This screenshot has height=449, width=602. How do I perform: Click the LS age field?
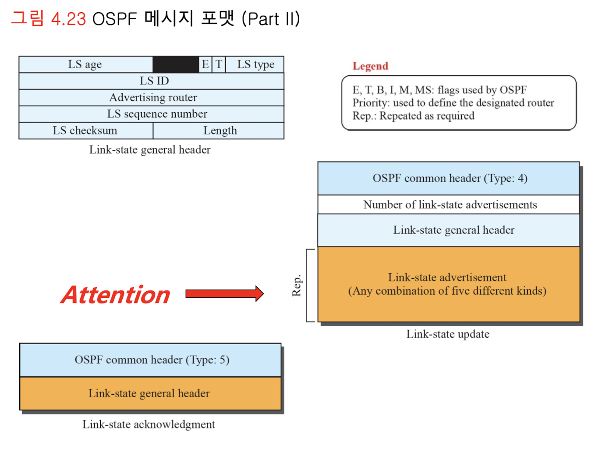click(x=85, y=64)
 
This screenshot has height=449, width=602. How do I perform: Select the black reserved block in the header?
click(x=175, y=64)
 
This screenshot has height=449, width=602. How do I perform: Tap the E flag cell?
click(x=205, y=64)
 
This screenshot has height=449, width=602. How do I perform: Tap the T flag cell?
click(x=219, y=64)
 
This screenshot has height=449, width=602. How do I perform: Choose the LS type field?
click(x=255, y=64)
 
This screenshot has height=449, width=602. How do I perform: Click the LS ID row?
click(x=152, y=81)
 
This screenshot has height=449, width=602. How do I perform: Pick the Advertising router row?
click(x=152, y=97)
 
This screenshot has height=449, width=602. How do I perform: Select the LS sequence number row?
click(x=152, y=114)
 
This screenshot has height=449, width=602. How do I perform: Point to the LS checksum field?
click(x=85, y=131)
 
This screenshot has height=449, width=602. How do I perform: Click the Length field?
click(x=219, y=131)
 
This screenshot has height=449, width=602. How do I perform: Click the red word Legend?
click(x=370, y=66)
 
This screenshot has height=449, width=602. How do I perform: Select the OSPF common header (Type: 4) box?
click(x=449, y=178)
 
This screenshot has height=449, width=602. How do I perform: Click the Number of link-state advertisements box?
click(x=449, y=205)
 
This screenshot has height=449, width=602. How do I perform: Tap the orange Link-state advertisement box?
click(x=449, y=284)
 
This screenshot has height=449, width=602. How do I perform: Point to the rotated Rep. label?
click(x=297, y=285)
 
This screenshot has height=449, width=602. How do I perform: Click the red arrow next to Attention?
click(x=224, y=293)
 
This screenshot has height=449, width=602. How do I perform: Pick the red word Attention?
click(x=116, y=295)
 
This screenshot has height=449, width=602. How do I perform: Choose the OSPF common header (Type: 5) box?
click(x=151, y=360)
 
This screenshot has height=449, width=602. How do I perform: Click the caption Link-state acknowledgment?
click(x=149, y=424)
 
